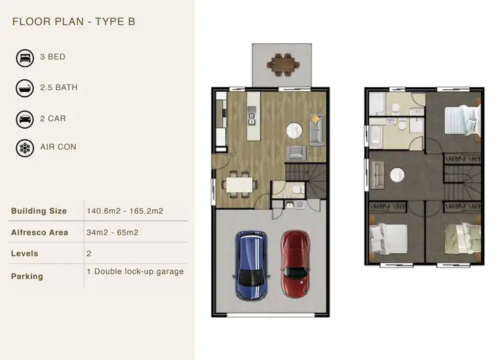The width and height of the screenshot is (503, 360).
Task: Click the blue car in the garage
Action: coord(251,264)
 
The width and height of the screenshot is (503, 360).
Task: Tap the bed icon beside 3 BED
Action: coord(25,58)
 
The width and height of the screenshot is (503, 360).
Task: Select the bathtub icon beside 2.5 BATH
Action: coord(25,88)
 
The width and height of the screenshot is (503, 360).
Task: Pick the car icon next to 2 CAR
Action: coord(25,119)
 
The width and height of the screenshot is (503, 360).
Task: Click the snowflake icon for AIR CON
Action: coord(25,147)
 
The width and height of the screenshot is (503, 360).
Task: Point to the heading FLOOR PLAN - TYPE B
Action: coord(74,21)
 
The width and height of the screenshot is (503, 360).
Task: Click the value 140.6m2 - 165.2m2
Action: coord(125,211)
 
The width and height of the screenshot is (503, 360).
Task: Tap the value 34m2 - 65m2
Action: coord(113,233)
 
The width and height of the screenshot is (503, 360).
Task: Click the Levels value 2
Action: coord(89,254)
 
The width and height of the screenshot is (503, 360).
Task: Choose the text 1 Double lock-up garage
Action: coord(135,272)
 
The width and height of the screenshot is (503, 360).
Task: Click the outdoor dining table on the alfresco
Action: coord(282,64)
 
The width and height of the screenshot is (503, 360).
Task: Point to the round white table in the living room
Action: coord(293,131)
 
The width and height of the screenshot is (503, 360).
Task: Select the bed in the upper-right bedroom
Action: coord(461,121)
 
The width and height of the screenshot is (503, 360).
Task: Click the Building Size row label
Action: coord(39,211)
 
